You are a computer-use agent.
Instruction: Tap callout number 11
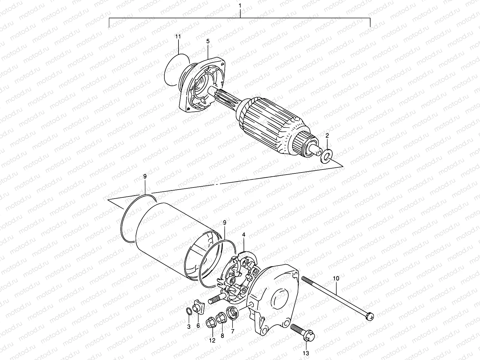pos(178,37)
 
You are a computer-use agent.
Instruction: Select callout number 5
pos(208,41)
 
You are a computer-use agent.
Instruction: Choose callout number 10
pos(336,279)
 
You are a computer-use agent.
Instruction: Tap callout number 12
pos(212,340)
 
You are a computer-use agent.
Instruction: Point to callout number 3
pos(189,327)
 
